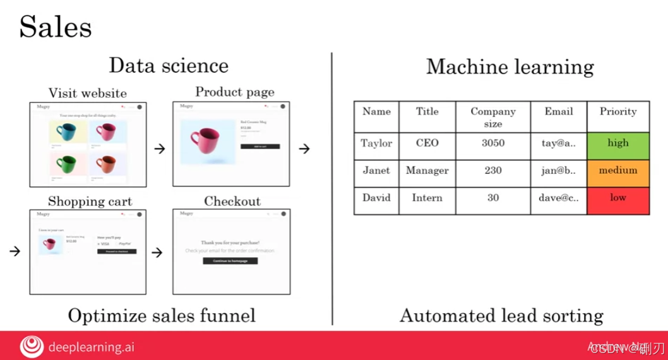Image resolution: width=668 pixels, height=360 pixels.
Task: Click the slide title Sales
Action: pyautogui.click(x=56, y=27)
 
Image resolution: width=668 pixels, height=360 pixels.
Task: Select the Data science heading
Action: pyautogui.click(x=169, y=66)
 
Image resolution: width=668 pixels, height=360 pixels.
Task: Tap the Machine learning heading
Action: pyautogui.click(x=510, y=67)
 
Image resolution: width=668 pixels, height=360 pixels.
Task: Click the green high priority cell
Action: pyautogui.click(x=618, y=143)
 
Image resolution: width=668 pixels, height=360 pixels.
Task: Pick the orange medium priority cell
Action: pyautogui.click(x=618, y=171)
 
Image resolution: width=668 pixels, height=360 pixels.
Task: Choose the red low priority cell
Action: pyautogui.click(x=618, y=198)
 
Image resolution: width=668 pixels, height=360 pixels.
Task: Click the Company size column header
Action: pyautogui.click(x=493, y=117)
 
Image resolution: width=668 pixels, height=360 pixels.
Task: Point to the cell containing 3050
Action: pyautogui.click(x=493, y=143)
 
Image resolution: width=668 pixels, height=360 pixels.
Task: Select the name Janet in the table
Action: pyautogui.click(x=376, y=171)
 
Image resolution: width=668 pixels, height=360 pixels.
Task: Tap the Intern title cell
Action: pyautogui.click(x=427, y=198)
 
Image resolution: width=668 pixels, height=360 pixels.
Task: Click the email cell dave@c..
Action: pyautogui.click(x=559, y=198)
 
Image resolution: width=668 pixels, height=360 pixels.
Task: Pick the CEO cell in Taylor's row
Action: pyautogui.click(x=427, y=143)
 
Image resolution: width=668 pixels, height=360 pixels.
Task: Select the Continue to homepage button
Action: pyautogui.click(x=230, y=260)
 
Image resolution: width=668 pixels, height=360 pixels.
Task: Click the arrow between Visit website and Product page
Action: pyautogui.click(x=160, y=149)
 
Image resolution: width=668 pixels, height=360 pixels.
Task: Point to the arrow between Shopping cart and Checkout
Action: pyautogui.click(x=158, y=253)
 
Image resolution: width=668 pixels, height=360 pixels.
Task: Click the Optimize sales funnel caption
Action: pyautogui.click(x=162, y=315)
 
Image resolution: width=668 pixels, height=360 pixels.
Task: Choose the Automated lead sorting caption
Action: pyautogui.click(x=501, y=315)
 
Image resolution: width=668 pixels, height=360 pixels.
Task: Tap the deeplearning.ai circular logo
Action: pyautogui.click(x=32, y=346)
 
